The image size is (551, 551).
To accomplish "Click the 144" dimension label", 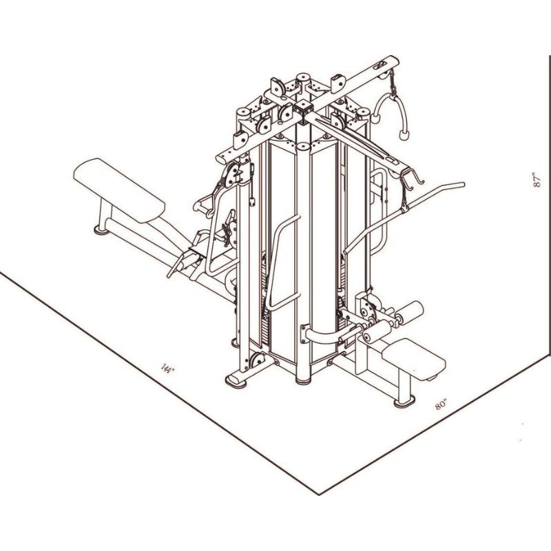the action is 167,368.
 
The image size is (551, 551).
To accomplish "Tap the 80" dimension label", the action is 441,404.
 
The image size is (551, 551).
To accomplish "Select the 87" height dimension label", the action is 537,180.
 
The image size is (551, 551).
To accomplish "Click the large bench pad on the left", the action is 119,190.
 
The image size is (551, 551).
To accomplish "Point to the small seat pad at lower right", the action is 414,358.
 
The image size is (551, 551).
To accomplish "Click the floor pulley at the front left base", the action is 257,360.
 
